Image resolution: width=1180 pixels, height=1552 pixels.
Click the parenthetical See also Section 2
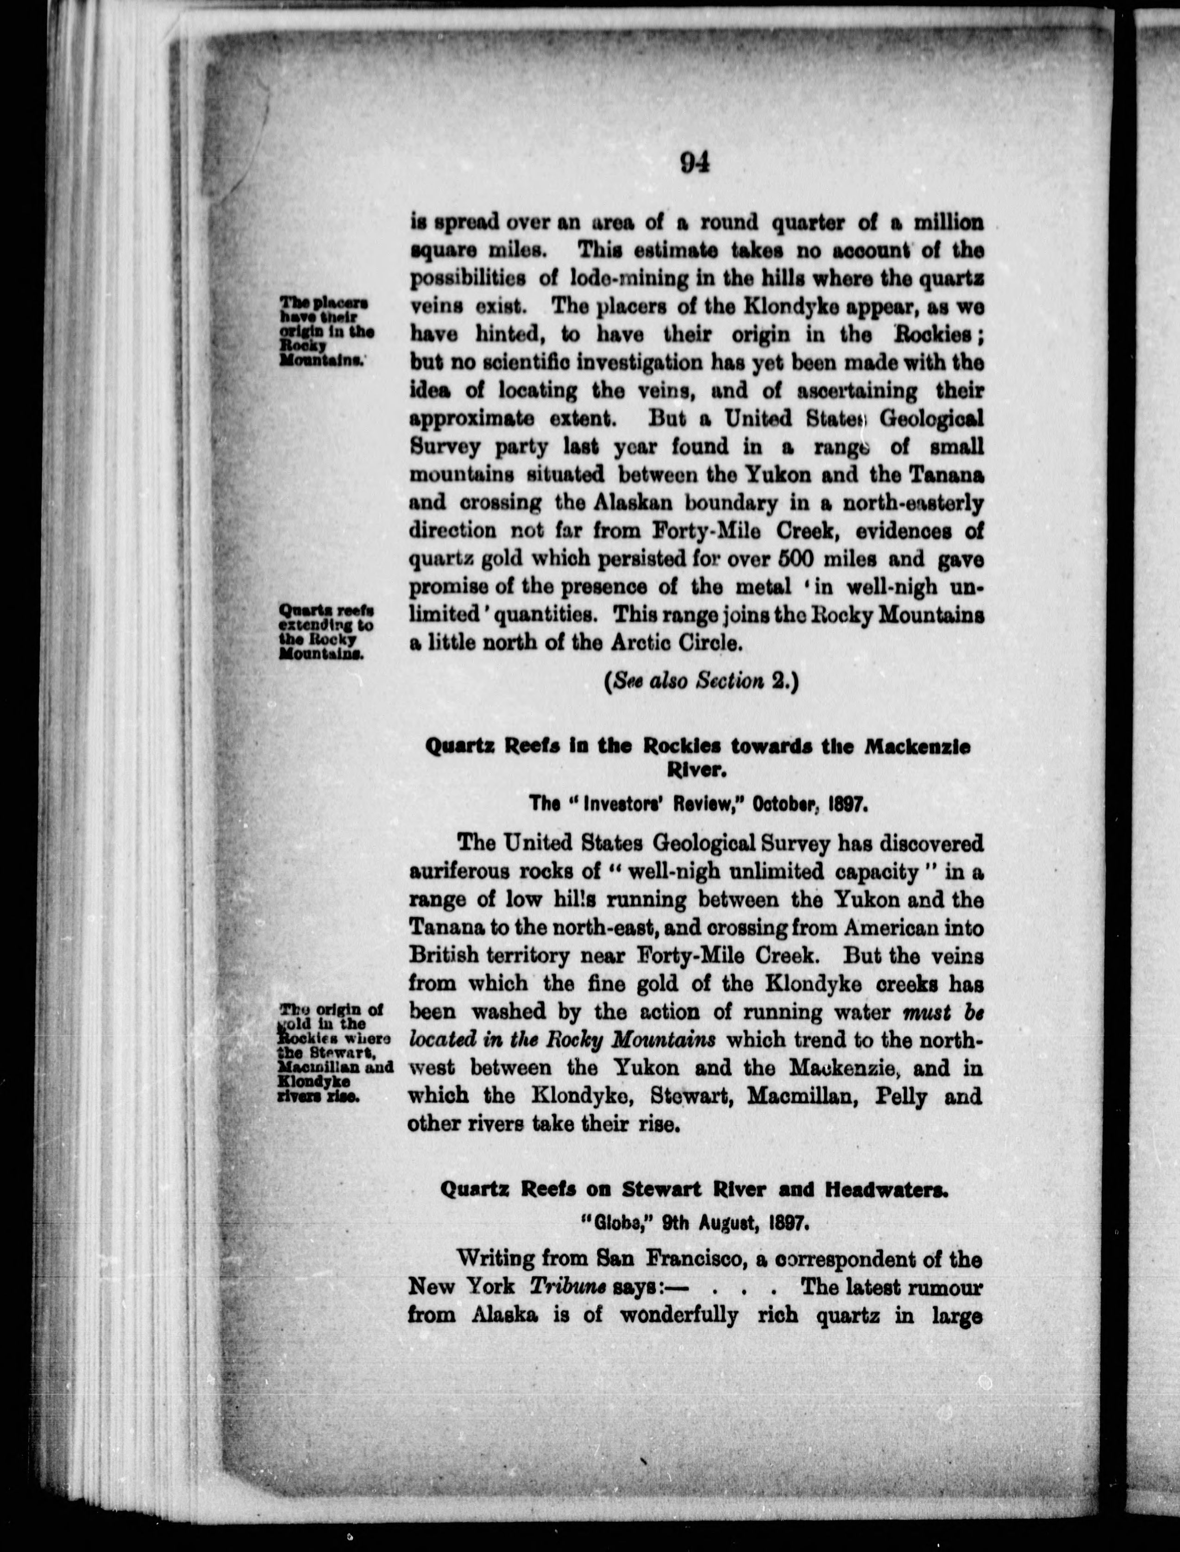(701, 681)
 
